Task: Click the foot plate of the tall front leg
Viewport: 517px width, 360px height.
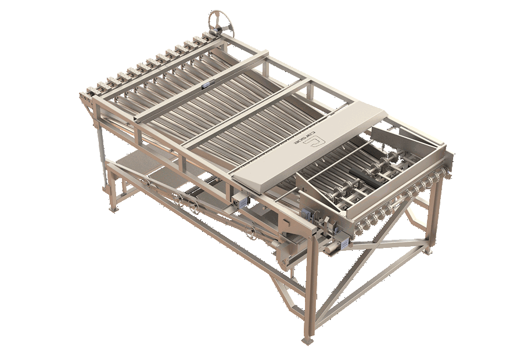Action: pyautogui.click(x=307, y=340)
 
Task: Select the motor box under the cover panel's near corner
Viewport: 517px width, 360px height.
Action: pyautogui.click(x=239, y=201)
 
